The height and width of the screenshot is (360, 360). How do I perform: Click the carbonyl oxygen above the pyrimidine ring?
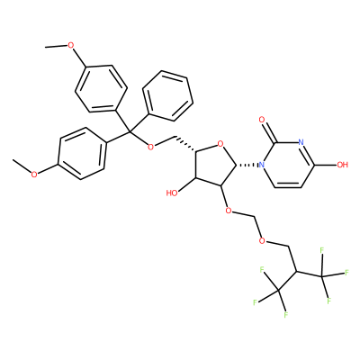click(x=262, y=121)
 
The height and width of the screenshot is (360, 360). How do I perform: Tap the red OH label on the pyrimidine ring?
click(x=342, y=165)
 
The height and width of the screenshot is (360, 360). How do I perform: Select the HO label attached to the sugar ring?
click(x=172, y=193)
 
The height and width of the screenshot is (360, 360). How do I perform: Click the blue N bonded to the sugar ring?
click(x=262, y=165)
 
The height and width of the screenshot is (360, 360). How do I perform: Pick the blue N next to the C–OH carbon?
click(x=301, y=142)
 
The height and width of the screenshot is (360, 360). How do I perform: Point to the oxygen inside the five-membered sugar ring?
click(x=220, y=145)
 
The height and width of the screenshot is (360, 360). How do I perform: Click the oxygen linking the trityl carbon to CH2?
click(x=151, y=147)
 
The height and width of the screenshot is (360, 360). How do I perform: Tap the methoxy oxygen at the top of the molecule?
click(x=71, y=45)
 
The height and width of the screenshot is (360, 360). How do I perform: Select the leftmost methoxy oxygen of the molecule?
click(x=34, y=175)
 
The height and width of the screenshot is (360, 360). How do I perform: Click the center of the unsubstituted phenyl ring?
click(x=168, y=96)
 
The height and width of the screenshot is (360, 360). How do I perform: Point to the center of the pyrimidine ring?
click(x=288, y=165)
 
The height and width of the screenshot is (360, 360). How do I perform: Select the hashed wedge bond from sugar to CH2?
click(x=184, y=145)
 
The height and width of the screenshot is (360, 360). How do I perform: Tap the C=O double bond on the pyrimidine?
click(x=268, y=130)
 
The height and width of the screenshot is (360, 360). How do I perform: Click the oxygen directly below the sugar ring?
click(x=228, y=211)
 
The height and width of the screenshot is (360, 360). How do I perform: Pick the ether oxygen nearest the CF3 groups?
click(x=262, y=240)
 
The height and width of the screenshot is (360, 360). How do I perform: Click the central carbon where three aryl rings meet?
click(x=130, y=132)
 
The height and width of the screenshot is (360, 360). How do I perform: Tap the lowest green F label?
click(x=286, y=315)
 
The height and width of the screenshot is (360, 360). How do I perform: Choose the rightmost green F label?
click(x=347, y=273)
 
